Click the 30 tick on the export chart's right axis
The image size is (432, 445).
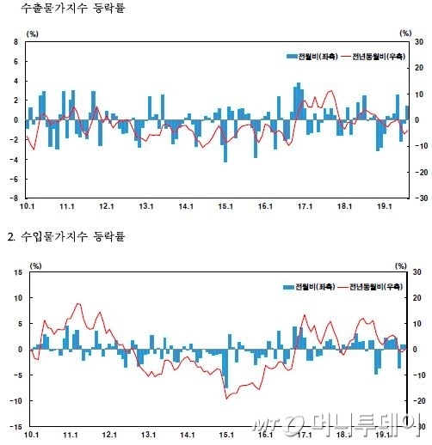[x=417, y=41]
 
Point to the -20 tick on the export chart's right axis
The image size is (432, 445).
[x=417, y=172]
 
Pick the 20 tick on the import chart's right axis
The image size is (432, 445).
[x=417, y=298]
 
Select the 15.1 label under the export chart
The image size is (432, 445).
[x=226, y=206]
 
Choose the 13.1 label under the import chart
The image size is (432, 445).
[x=147, y=436]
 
